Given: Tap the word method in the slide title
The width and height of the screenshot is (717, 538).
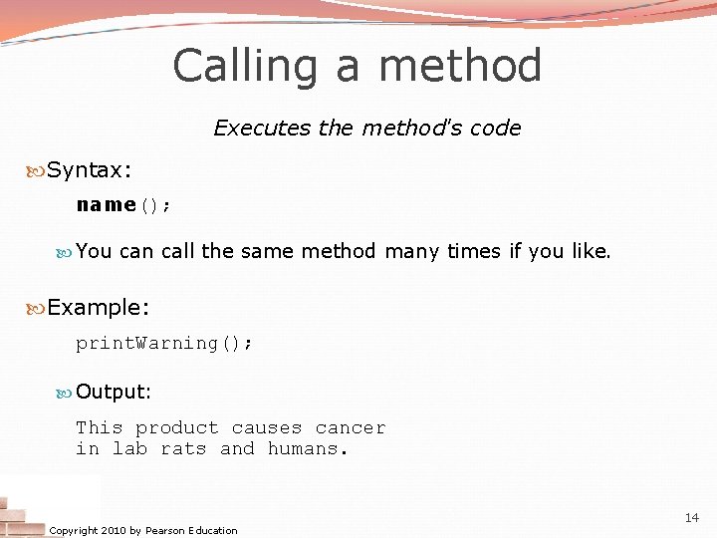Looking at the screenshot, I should [x=460, y=67].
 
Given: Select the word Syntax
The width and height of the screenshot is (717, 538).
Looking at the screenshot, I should [x=85, y=170].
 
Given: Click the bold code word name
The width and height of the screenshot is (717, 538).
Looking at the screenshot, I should [x=106, y=205].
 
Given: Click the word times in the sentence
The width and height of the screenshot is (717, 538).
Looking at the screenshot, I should [x=474, y=251].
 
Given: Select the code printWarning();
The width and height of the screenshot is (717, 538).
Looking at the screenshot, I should [x=164, y=343].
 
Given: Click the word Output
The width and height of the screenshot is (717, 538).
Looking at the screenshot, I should [x=112, y=393].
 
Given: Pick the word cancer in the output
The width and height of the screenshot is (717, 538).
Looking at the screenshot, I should [x=351, y=428].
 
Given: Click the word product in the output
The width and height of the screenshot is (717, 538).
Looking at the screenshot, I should [x=177, y=428].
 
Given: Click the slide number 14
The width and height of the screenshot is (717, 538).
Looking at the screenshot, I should [x=692, y=518].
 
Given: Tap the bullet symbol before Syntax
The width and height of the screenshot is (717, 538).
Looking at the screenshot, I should [x=37, y=170].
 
